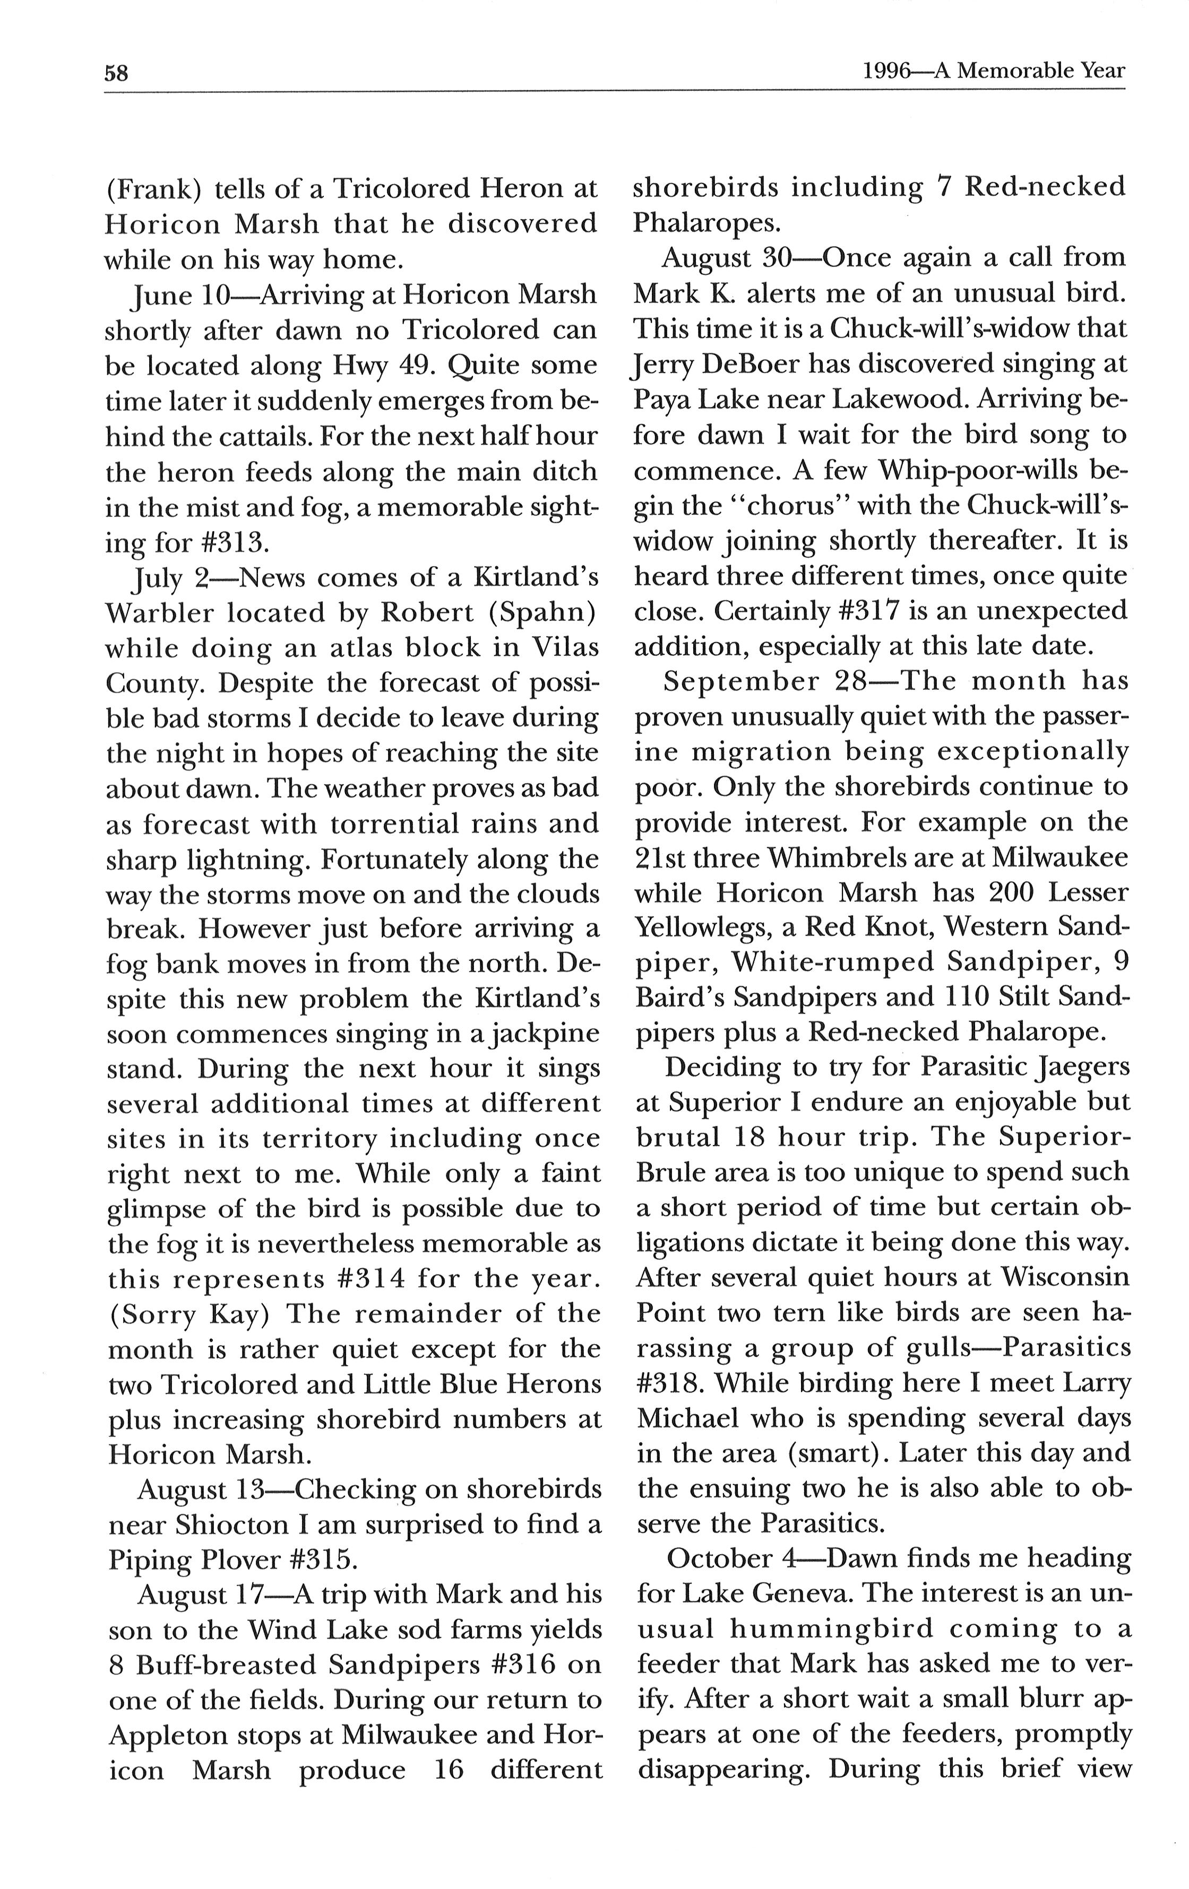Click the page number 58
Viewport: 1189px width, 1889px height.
click(116, 73)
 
